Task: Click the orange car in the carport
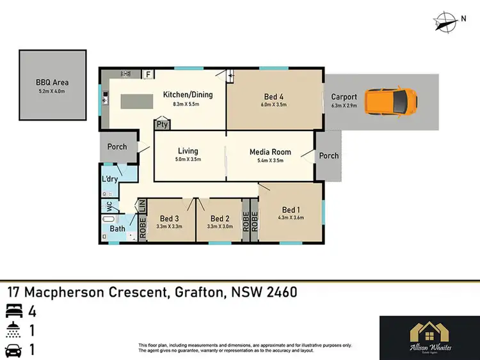click(391, 100)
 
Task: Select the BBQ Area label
click(52, 82)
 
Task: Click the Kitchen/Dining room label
click(188, 95)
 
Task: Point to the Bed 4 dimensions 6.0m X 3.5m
click(273, 104)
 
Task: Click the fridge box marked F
click(148, 74)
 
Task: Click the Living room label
click(188, 152)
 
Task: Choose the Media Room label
click(270, 152)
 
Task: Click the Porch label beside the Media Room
click(329, 155)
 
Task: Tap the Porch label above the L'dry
click(117, 146)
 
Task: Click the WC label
click(109, 206)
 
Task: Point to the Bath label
click(118, 228)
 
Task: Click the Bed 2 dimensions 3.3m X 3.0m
click(219, 226)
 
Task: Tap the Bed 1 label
click(290, 210)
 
